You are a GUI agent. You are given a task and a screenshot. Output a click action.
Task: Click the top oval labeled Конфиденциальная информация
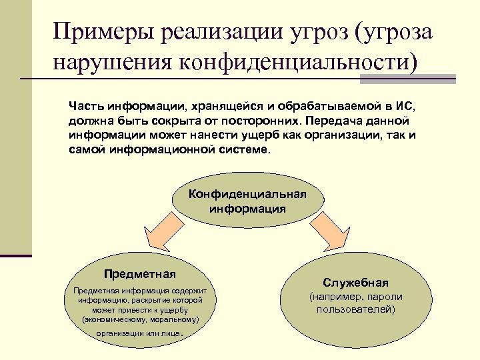(247, 201)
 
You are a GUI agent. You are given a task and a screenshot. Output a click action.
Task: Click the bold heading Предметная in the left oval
(140, 273)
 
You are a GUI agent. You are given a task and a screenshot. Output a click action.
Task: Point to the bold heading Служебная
(356, 283)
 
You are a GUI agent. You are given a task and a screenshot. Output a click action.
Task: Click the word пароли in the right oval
(387, 297)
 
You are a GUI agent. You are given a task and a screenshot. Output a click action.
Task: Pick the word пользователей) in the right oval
(356, 309)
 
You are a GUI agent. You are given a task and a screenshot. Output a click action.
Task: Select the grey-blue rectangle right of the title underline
(407, 79)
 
